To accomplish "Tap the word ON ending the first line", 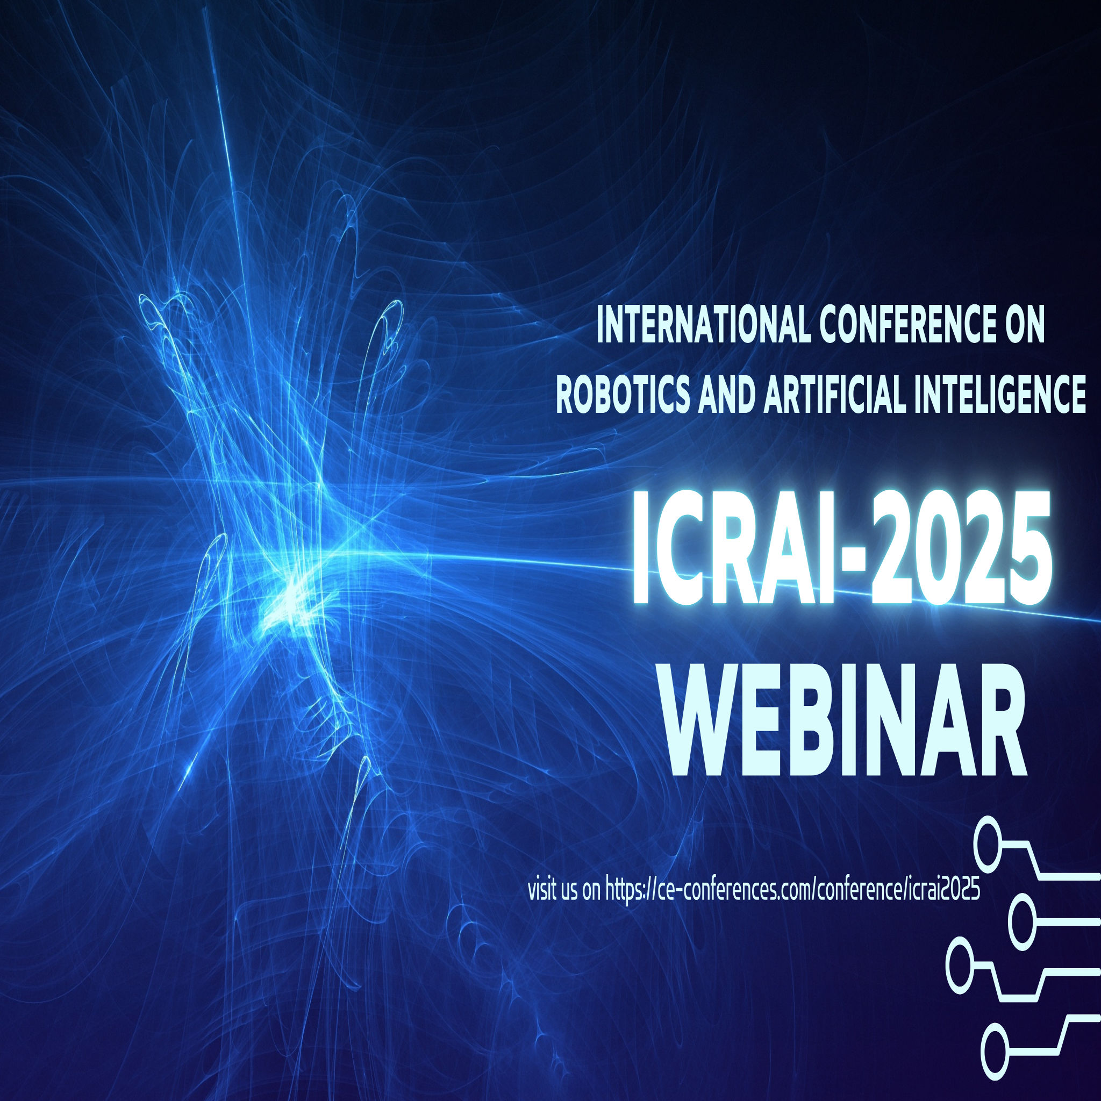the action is click(x=1024, y=326).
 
